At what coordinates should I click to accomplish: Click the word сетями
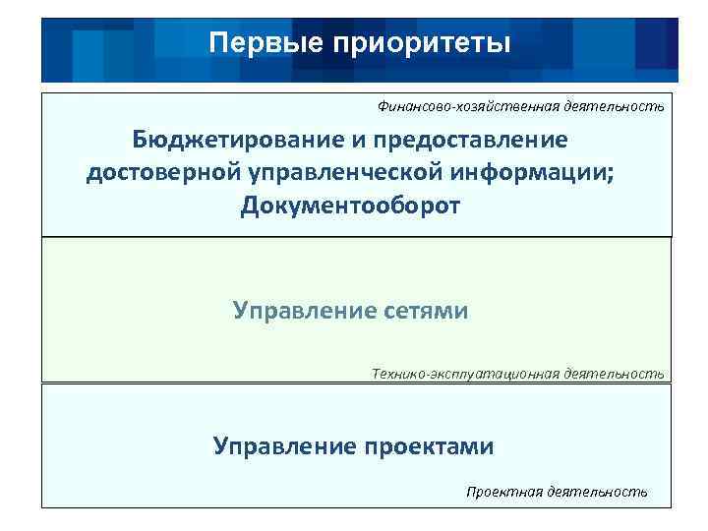424,312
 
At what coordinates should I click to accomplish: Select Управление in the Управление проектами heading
283,446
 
